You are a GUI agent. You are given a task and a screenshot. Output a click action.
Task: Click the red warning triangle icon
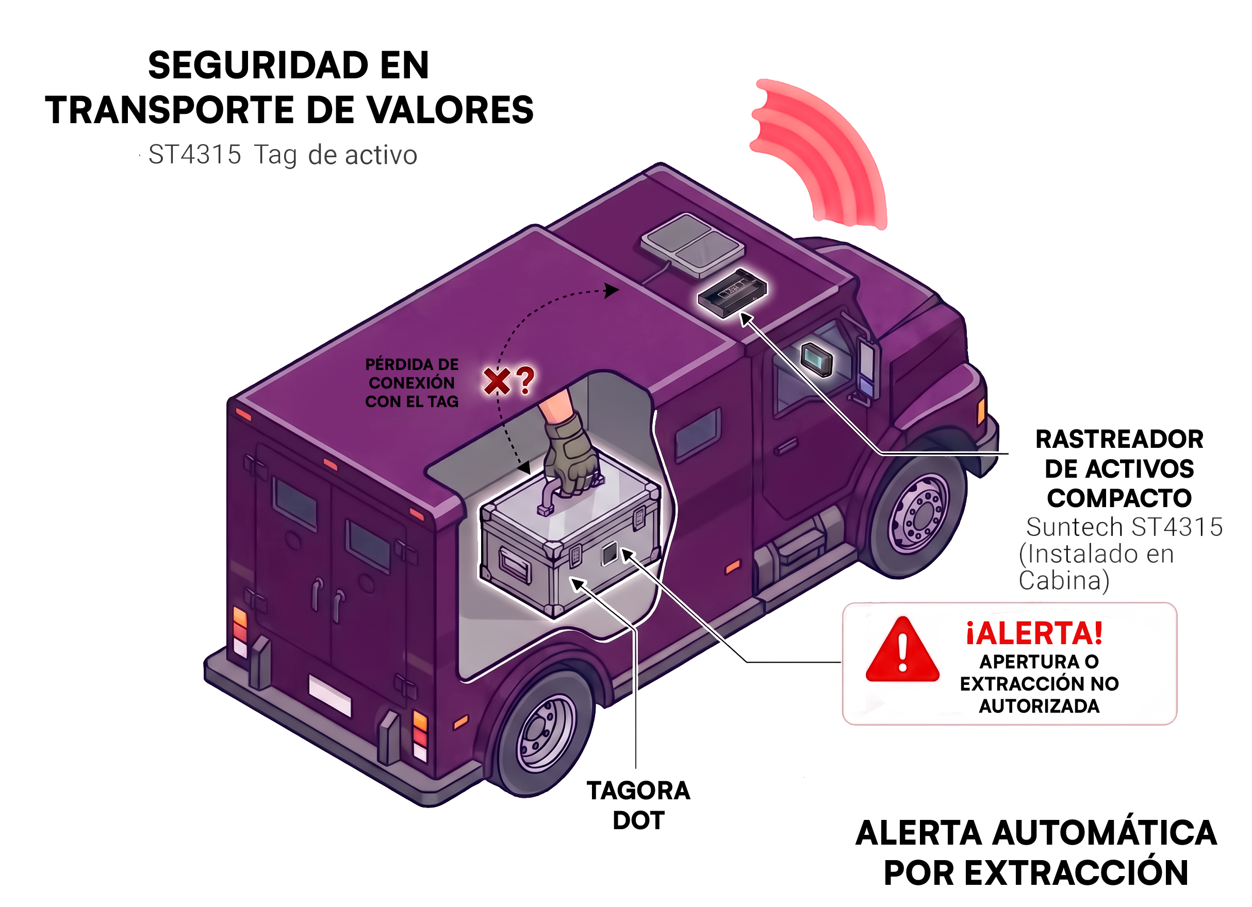[902, 651]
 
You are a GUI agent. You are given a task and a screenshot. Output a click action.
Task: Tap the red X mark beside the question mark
[497, 381]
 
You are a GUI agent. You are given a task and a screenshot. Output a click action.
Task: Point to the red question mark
[526, 380]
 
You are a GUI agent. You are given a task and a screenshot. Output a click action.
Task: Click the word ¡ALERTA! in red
[1034, 633]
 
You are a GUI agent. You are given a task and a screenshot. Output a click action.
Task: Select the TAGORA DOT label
[638, 805]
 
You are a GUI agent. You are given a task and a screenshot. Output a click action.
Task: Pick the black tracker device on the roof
[732, 292]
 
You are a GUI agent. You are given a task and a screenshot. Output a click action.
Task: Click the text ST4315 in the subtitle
[195, 155]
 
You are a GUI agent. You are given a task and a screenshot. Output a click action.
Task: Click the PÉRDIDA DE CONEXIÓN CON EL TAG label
[412, 383]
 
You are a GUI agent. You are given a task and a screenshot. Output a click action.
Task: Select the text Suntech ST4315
[1124, 527]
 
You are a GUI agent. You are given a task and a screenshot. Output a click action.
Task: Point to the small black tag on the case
[609, 554]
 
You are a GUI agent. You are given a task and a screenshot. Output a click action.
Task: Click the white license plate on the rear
[330, 695]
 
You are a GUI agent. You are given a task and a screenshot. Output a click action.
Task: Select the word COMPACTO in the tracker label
[1119, 498]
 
